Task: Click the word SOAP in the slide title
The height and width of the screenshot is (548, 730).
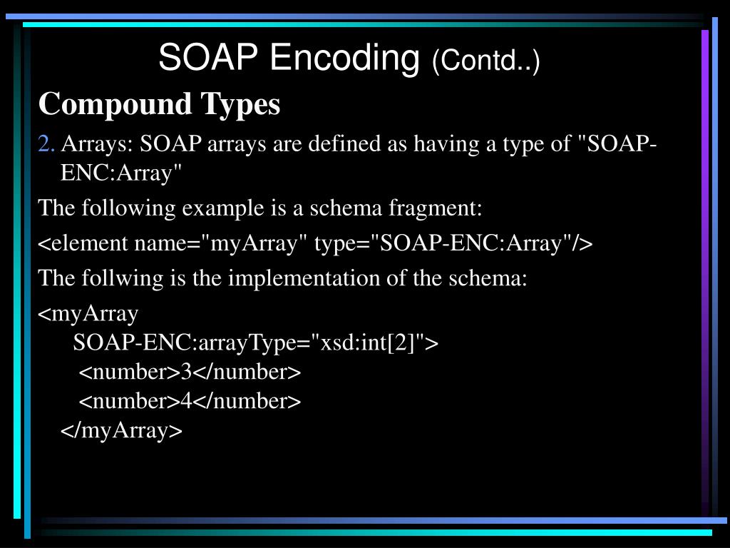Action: coord(207,58)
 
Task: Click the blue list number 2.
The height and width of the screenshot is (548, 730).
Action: coord(46,144)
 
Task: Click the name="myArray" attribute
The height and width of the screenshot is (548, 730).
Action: coord(221,244)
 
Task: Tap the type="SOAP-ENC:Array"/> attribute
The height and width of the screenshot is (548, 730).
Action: coord(453,244)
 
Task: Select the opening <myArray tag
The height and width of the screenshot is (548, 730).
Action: coord(88,314)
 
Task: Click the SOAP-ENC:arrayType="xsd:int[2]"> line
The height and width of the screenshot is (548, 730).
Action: coord(256,343)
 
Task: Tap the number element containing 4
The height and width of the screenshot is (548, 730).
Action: coord(190,402)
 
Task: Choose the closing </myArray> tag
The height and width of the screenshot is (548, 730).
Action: coord(122,431)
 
